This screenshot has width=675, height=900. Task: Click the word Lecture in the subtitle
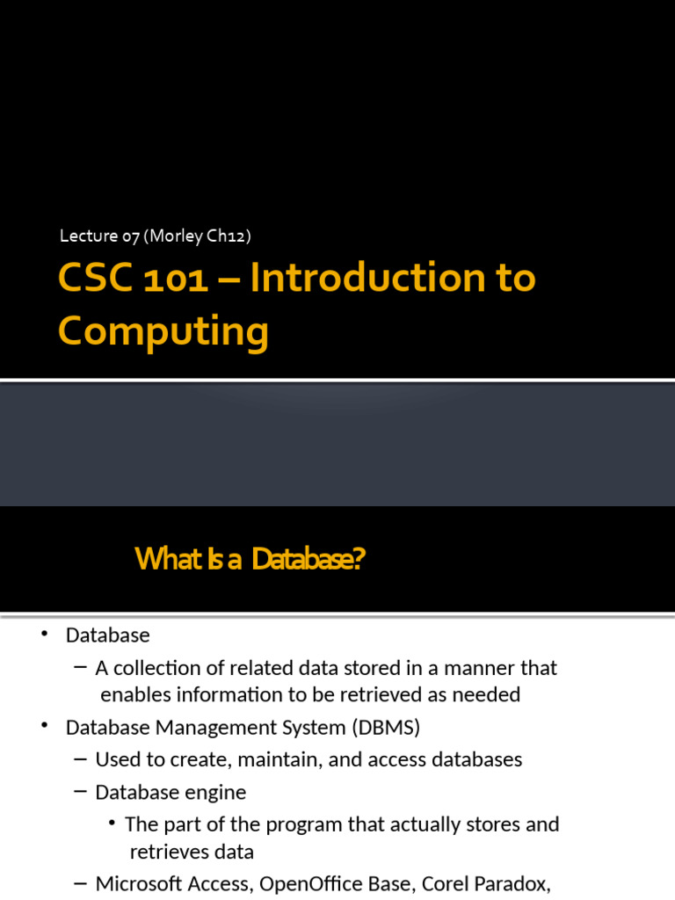pyautogui.click(x=88, y=236)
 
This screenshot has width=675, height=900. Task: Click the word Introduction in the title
pyautogui.click(x=370, y=279)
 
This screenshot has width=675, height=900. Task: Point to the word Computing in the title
pyautogui.click(x=163, y=332)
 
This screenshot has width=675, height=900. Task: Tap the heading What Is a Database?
pyautogui.click(x=250, y=558)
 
